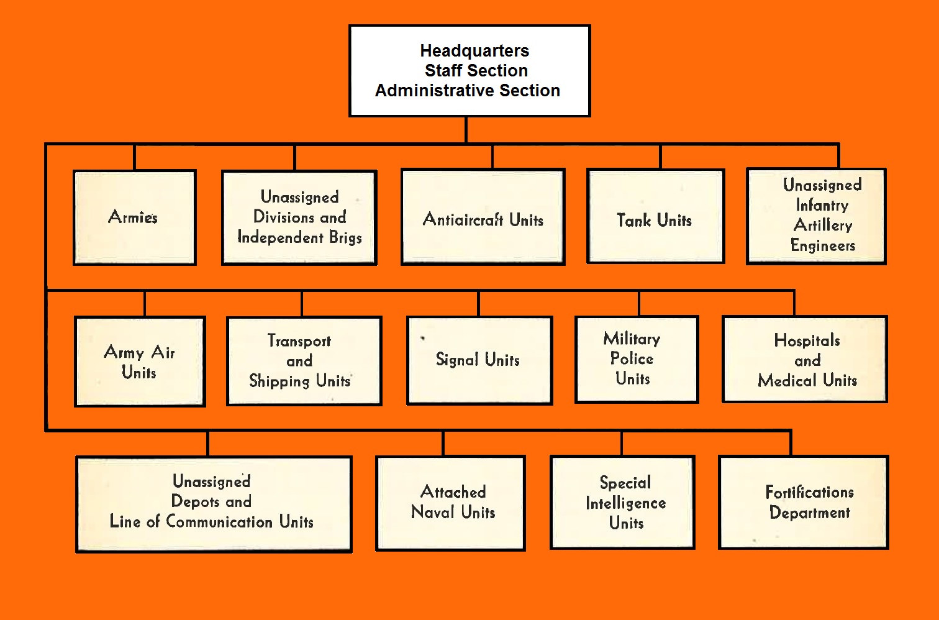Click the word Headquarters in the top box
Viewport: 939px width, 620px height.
(474, 51)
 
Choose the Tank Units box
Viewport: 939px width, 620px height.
(655, 217)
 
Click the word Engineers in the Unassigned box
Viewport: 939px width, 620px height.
(822, 246)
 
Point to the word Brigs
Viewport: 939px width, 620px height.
(345, 238)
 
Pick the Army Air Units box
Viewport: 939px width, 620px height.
(140, 362)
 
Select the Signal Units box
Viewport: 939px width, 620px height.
(479, 360)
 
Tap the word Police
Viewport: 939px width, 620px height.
(632, 359)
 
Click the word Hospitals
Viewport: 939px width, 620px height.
(807, 340)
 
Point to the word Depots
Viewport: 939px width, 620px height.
(193, 501)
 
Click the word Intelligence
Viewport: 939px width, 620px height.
(625, 503)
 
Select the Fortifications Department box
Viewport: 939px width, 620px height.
(804, 503)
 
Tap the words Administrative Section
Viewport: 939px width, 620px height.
(467, 91)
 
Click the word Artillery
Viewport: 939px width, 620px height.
(822, 226)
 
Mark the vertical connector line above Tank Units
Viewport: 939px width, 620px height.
(660, 157)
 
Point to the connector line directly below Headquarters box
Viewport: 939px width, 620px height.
(466, 130)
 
